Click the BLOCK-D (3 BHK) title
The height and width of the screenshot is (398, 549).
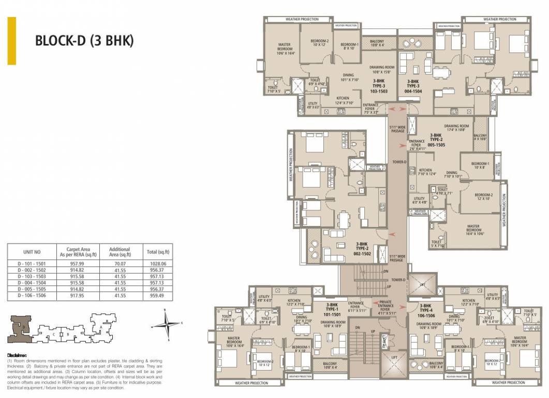(84, 41)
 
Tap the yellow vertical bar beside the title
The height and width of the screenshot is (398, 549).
(11, 41)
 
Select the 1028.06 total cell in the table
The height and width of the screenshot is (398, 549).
(158, 263)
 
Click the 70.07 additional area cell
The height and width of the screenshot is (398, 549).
(120, 263)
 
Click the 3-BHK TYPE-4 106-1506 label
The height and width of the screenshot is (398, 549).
(427, 309)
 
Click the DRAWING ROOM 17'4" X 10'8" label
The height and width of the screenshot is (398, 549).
(456, 129)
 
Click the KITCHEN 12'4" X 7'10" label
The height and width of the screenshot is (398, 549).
(343, 101)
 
